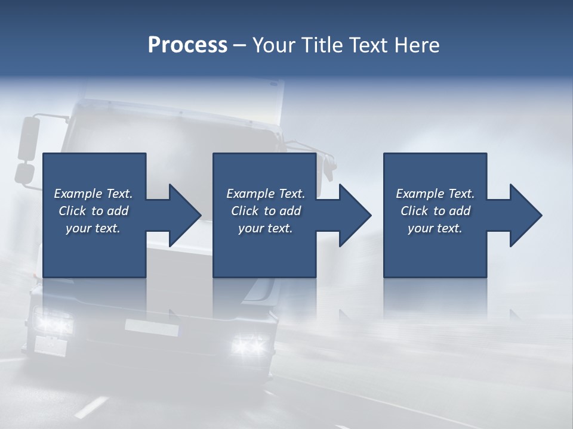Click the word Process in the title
[x=187, y=45]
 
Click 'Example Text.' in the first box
[x=93, y=194]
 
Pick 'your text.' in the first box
[x=93, y=228]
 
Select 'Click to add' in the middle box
[x=266, y=211]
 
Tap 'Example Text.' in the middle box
[x=266, y=194]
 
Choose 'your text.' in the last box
[x=435, y=228]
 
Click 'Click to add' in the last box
[x=435, y=211]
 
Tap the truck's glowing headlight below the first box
[x=54, y=323]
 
